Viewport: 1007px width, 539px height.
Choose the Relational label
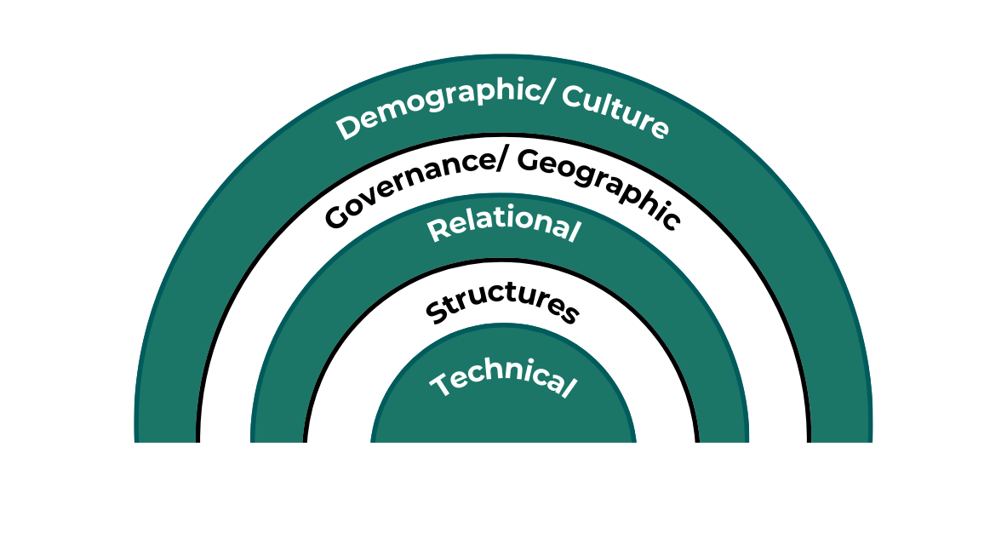504,226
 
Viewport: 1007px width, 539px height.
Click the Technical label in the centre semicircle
501,380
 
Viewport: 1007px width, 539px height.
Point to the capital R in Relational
436,231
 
